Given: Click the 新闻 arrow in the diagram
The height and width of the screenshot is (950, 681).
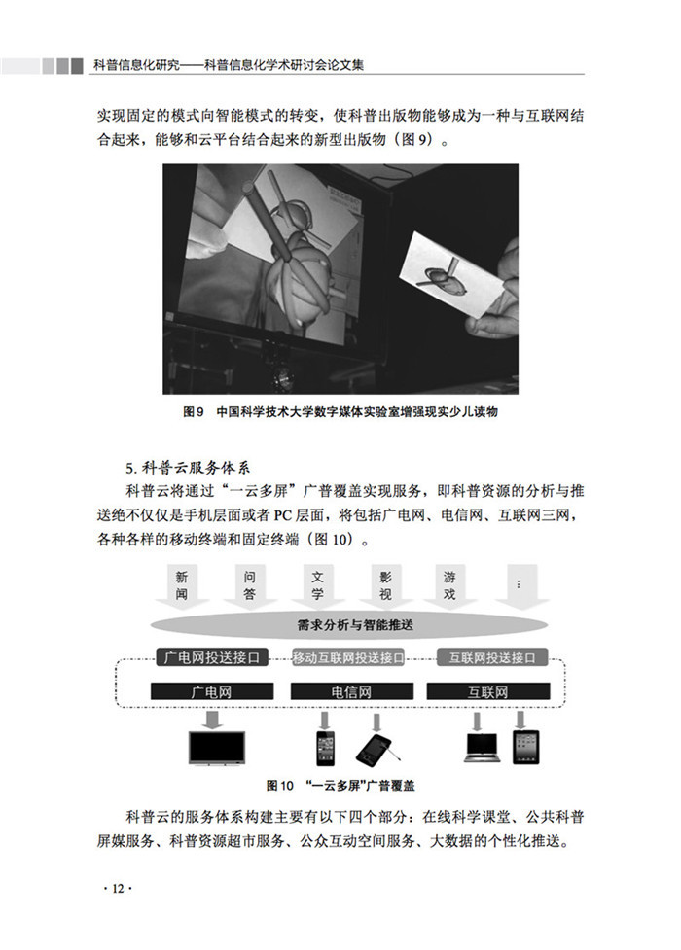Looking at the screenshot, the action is pyautogui.click(x=182, y=586).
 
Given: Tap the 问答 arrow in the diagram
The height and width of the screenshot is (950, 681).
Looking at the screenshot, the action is pyautogui.click(x=249, y=586).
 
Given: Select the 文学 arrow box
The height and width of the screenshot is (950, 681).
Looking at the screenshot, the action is pyautogui.click(x=317, y=586).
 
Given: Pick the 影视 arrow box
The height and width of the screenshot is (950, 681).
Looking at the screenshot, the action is pyautogui.click(x=385, y=586).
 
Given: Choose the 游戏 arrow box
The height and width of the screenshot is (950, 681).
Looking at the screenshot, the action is pyautogui.click(x=449, y=586).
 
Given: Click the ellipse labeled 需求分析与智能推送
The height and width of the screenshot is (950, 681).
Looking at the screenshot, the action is pyautogui.click(x=350, y=625).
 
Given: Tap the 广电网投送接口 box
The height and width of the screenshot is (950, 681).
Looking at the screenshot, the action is pyautogui.click(x=212, y=657).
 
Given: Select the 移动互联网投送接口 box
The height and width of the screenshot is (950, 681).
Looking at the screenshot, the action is pyautogui.click(x=348, y=658).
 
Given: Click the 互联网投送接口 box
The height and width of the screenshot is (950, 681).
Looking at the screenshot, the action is pyautogui.click(x=492, y=658).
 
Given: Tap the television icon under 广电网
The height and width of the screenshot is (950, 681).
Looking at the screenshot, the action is pyautogui.click(x=217, y=748).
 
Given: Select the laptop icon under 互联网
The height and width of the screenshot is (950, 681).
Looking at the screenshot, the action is pyautogui.click(x=483, y=748).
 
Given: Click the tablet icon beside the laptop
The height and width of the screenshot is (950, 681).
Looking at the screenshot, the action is pyautogui.click(x=525, y=748).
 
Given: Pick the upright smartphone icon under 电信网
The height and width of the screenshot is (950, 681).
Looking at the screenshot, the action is pyautogui.click(x=325, y=749).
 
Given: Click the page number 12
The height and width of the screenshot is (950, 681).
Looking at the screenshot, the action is pyautogui.click(x=118, y=889).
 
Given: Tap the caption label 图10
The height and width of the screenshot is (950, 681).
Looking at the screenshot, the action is pyautogui.click(x=279, y=786).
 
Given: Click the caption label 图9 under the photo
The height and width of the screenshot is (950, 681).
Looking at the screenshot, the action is pyautogui.click(x=193, y=412).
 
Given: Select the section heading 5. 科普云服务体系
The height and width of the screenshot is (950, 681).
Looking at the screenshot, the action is pyautogui.click(x=188, y=469).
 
